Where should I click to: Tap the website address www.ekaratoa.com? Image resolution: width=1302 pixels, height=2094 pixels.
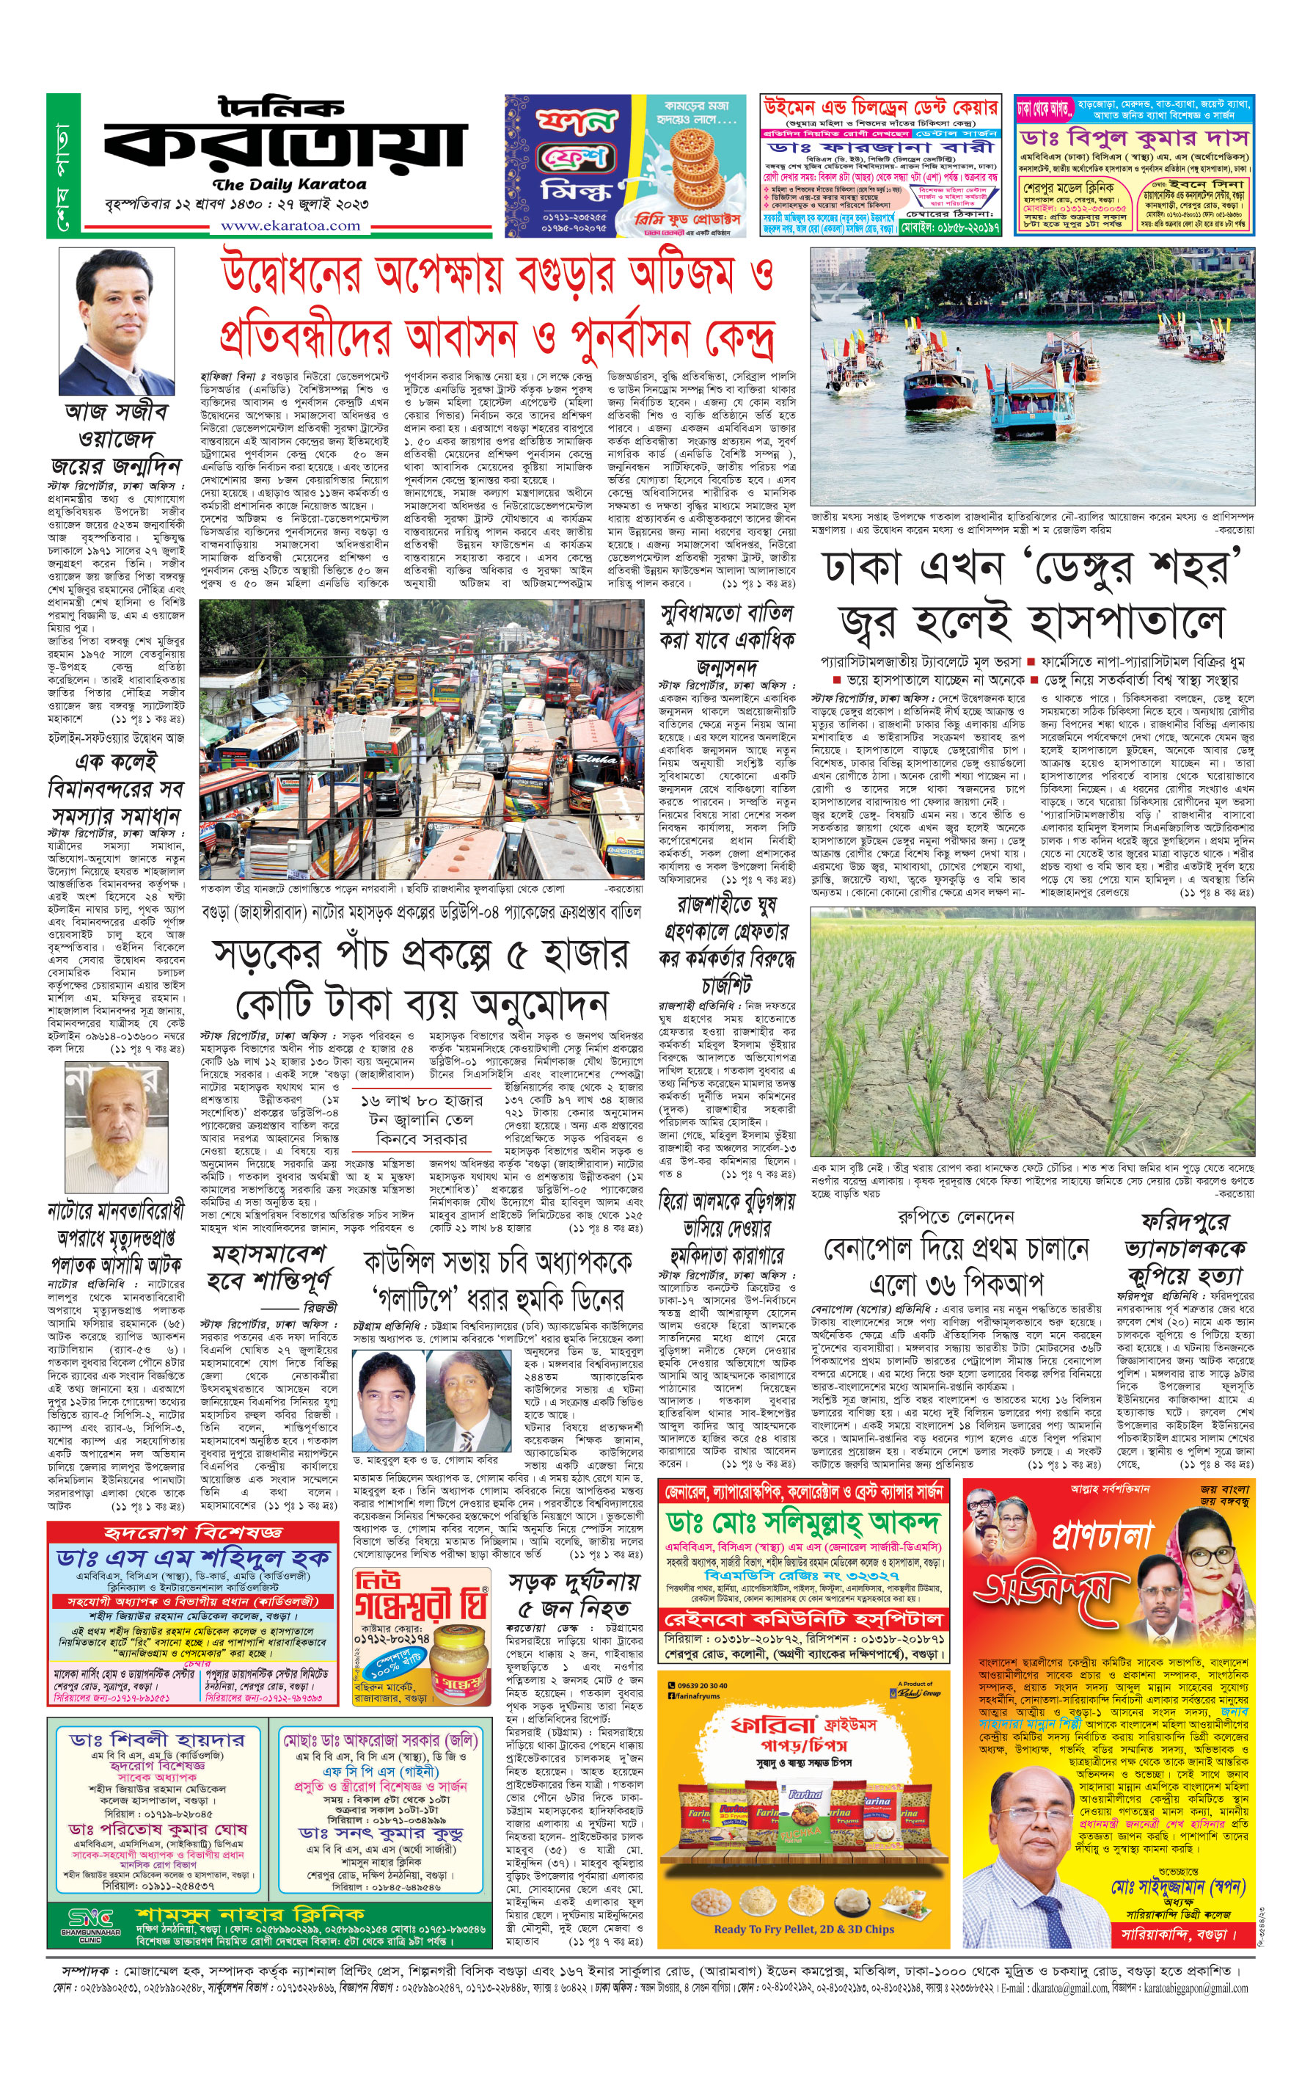click(290, 225)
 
